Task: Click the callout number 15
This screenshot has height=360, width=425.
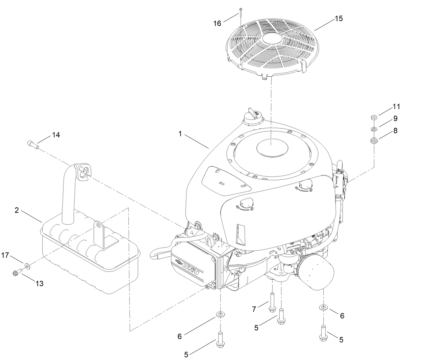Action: (339, 19)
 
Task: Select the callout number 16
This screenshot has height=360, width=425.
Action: (217, 23)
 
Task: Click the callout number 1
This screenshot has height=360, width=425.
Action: (180, 134)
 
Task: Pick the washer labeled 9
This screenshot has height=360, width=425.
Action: (374, 129)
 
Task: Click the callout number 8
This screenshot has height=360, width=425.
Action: (395, 131)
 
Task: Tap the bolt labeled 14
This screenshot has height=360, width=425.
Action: (32, 145)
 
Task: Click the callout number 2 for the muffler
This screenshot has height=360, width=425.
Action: (17, 210)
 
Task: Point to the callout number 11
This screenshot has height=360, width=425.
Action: (396, 107)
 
